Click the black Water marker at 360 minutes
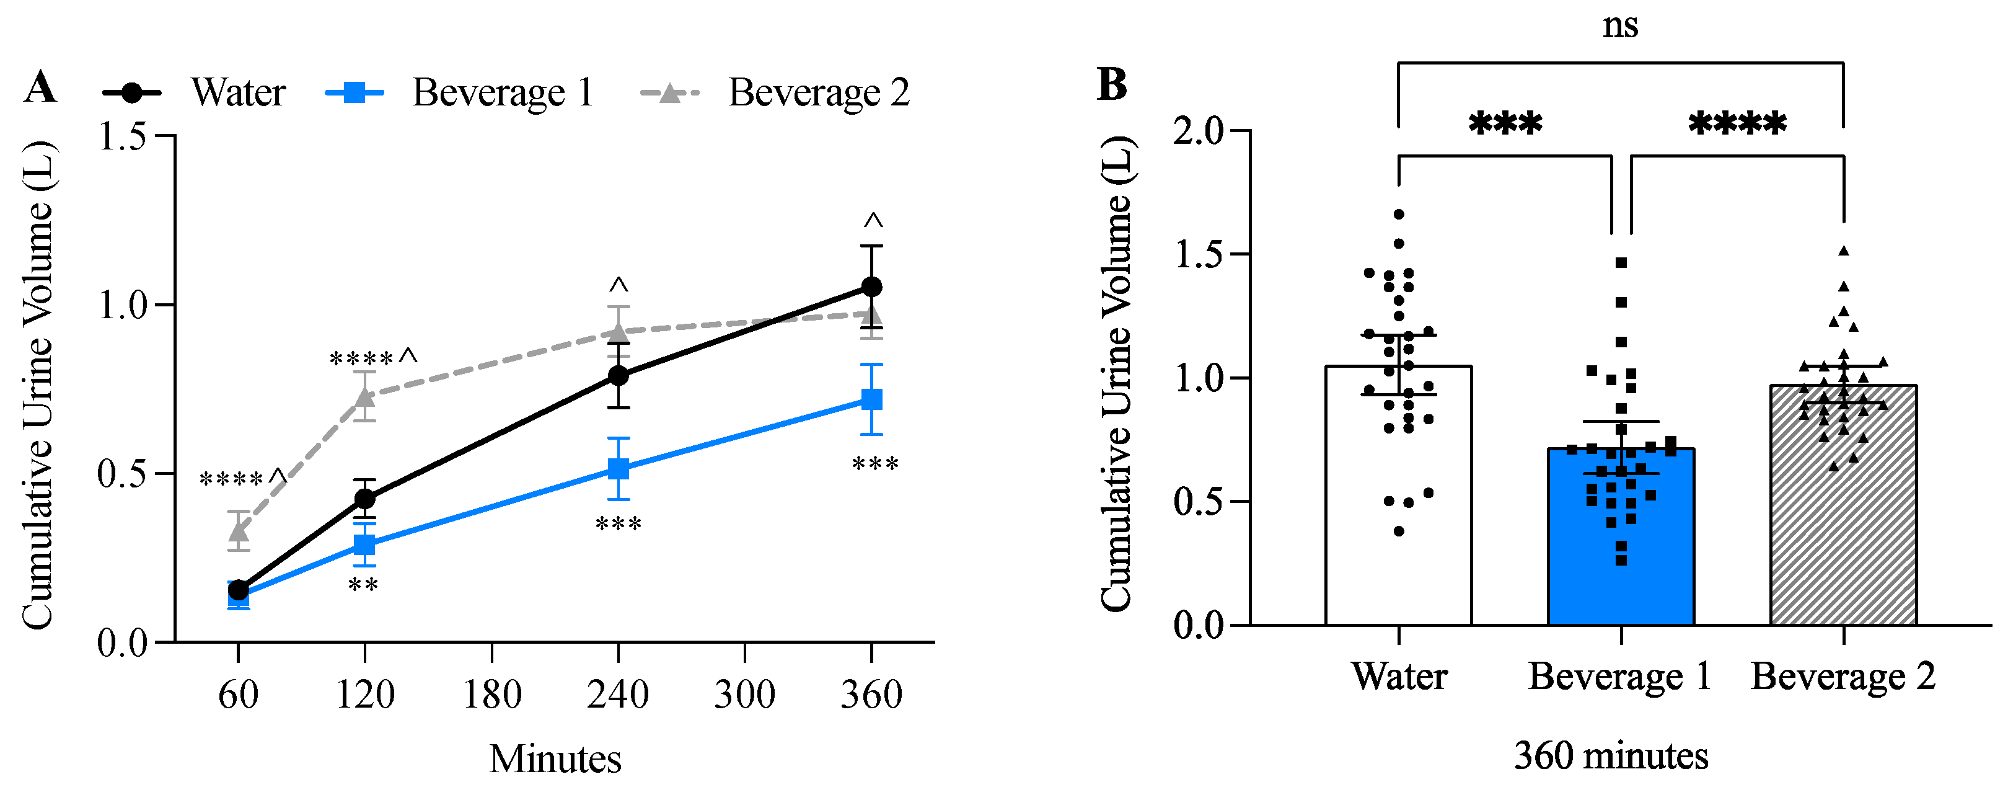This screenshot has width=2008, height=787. [x=871, y=287]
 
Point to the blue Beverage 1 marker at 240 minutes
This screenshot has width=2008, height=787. [x=618, y=469]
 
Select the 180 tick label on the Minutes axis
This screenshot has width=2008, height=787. [x=492, y=694]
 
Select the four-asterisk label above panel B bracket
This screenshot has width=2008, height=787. [x=1737, y=123]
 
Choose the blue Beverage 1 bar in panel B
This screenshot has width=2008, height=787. [x=1621, y=546]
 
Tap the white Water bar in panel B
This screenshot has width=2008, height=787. [x=1398, y=507]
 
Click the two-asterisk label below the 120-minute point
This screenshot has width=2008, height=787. [x=363, y=584]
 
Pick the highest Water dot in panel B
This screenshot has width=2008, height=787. [x=1399, y=214]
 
